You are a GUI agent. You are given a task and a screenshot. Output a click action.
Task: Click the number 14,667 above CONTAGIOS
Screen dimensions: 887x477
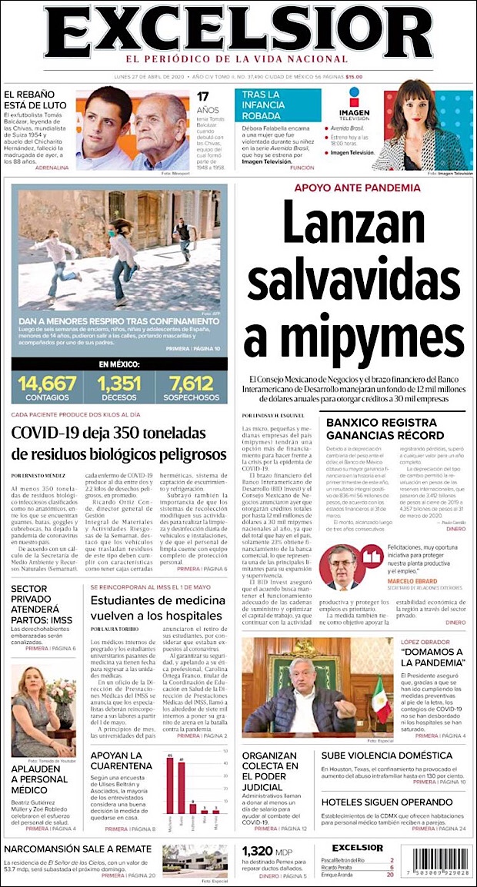(x=47, y=383)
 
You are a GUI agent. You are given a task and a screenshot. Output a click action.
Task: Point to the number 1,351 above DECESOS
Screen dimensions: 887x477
(x=119, y=383)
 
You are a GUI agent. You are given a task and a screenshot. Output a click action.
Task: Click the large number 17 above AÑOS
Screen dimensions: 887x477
(x=203, y=97)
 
